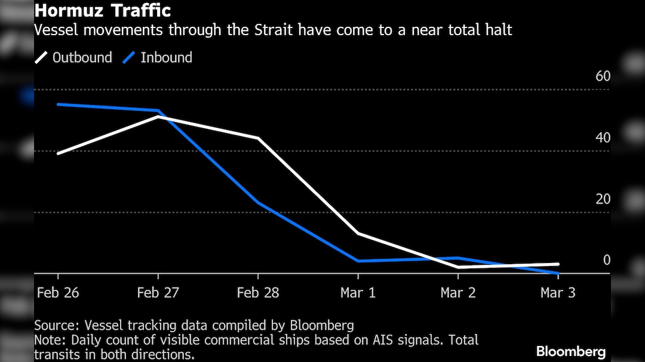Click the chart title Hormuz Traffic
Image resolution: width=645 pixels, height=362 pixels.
(x=103, y=11)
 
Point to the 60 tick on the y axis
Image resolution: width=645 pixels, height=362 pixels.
(x=603, y=76)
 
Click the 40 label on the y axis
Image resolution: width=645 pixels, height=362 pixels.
(x=603, y=138)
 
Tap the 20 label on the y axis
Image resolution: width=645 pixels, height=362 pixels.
(x=603, y=199)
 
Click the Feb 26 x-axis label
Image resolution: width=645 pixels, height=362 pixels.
(x=58, y=293)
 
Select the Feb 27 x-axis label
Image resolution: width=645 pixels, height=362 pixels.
(x=158, y=293)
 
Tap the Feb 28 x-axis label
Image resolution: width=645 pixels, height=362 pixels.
(x=258, y=293)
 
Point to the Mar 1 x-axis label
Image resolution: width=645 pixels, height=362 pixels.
(x=358, y=293)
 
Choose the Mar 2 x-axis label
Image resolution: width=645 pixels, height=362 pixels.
(x=458, y=293)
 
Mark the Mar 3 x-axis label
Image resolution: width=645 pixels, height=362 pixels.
(x=558, y=293)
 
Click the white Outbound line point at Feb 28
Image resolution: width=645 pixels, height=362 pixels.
(x=258, y=138)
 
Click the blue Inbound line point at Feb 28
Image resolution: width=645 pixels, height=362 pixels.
(x=258, y=203)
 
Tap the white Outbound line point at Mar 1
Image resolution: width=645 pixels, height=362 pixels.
(x=358, y=233)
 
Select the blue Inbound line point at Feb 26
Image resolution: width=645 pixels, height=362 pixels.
(x=58, y=104)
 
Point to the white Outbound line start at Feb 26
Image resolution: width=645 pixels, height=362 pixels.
(x=58, y=153)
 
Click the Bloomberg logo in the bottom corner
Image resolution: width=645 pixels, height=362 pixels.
(x=571, y=351)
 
